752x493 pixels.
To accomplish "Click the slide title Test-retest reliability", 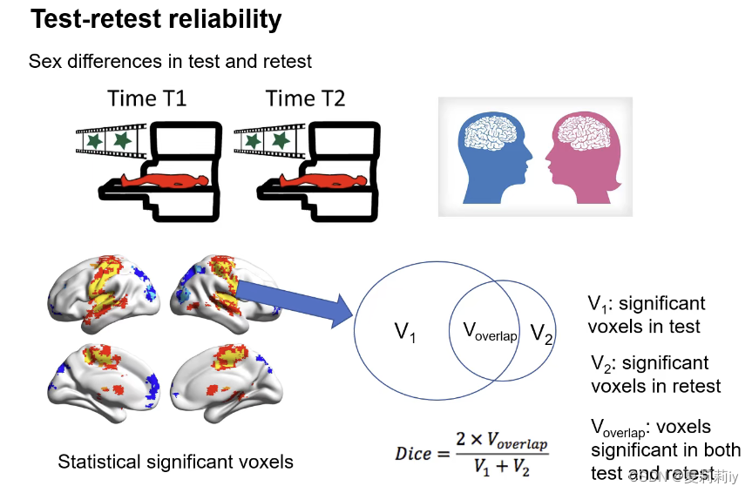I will click(156, 20).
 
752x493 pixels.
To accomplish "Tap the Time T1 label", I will click(146, 98).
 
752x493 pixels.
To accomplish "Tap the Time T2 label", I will click(305, 98).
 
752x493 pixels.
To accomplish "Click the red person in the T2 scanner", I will click(321, 182).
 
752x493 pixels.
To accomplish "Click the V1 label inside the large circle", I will click(405, 332).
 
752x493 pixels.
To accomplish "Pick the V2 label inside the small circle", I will click(542, 333).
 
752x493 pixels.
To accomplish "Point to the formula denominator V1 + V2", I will click(501, 467).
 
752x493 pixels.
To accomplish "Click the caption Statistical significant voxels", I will click(175, 462).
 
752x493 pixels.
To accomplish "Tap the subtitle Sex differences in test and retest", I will click(170, 61).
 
